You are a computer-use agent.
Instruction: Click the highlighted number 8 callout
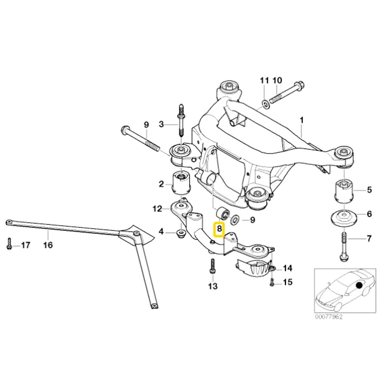219,230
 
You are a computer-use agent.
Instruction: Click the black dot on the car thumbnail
360,285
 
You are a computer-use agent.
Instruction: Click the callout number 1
301,120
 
